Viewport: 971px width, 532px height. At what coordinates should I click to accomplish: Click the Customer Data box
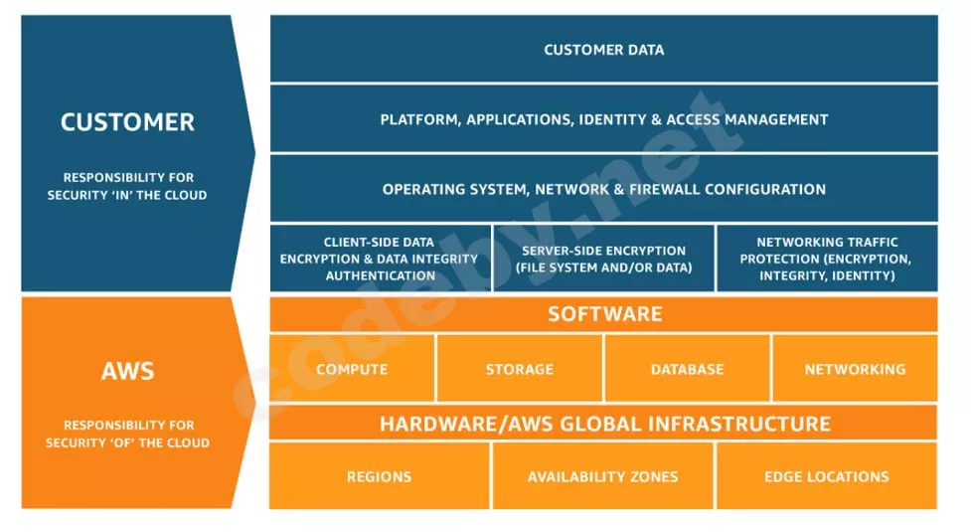pyautogui.click(x=603, y=50)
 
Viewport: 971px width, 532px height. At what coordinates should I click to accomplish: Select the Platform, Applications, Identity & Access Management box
pyautogui.click(x=603, y=119)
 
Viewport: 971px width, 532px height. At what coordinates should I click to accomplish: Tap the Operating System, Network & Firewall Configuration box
pyautogui.click(x=603, y=189)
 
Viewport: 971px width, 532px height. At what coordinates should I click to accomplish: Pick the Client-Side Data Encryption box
pyautogui.click(x=380, y=259)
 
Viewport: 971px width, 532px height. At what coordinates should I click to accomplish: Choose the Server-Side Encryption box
pyautogui.click(x=603, y=259)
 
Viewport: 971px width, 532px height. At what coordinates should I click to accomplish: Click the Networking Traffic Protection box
pyautogui.click(x=827, y=259)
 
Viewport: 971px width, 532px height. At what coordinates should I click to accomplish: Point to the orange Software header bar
pyautogui.click(x=603, y=314)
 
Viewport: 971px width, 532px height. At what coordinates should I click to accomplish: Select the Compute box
pyautogui.click(x=352, y=369)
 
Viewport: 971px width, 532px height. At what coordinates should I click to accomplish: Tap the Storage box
pyautogui.click(x=519, y=369)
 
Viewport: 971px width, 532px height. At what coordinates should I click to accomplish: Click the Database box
pyautogui.click(x=687, y=369)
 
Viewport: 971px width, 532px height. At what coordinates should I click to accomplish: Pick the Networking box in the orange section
pyautogui.click(x=855, y=369)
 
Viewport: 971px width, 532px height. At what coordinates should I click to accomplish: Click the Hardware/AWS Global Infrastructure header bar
pyautogui.click(x=603, y=424)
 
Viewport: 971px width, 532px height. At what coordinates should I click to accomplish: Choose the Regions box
pyautogui.click(x=379, y=476)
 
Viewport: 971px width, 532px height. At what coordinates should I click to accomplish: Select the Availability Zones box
pyautogui.click(x=602, y=476)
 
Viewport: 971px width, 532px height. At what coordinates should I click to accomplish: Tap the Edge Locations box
pyautogui.click(x=826, y=476)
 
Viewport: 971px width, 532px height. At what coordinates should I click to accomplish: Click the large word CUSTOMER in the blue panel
pyautogui.click(x=127, y=122)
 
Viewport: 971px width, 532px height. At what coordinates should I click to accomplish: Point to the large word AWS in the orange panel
pyautogui.click(x=127, y=372)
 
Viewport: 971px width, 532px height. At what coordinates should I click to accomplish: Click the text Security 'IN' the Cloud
pyautogui.click(x=127, y=195)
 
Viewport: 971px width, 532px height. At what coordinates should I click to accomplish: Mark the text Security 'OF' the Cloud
pyautogui.click(x=127, y=443)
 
